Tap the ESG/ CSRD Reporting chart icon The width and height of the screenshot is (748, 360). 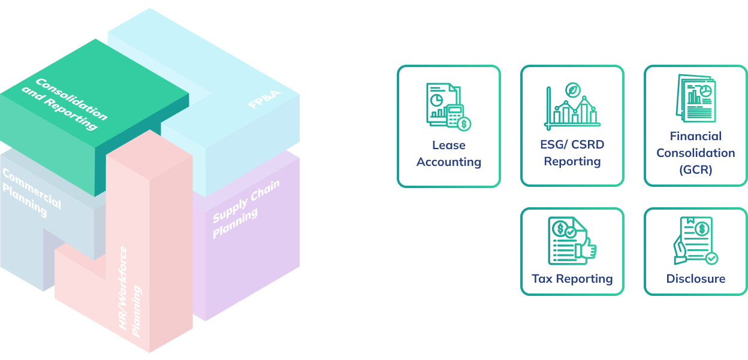[x=572, y=107]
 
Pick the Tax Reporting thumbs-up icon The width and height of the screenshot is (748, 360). [x=572, y=241]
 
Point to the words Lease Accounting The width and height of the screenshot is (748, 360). [x=448, y=153]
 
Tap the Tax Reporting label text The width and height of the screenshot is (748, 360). [x=572, y=279]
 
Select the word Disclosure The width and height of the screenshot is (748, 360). [x=695, y=279]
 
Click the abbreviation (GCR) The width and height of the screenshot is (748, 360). [x=695, y=170]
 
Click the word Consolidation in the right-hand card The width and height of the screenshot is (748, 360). [x=695, y=153]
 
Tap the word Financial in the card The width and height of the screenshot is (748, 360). [x=695, y=136]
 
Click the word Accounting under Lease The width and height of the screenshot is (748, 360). [x=448, y=162]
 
